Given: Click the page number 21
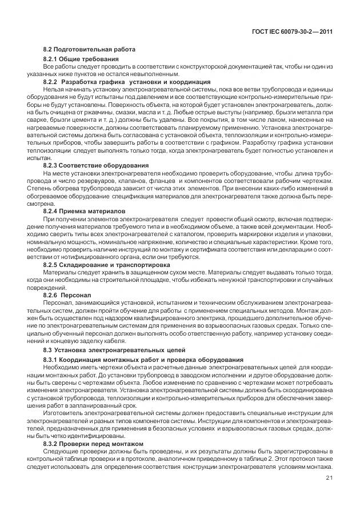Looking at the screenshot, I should tap(329, 478).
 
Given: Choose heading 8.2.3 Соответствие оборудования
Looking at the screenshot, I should tap(92, 165).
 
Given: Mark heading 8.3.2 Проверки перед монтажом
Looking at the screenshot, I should tap(94, 443).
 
